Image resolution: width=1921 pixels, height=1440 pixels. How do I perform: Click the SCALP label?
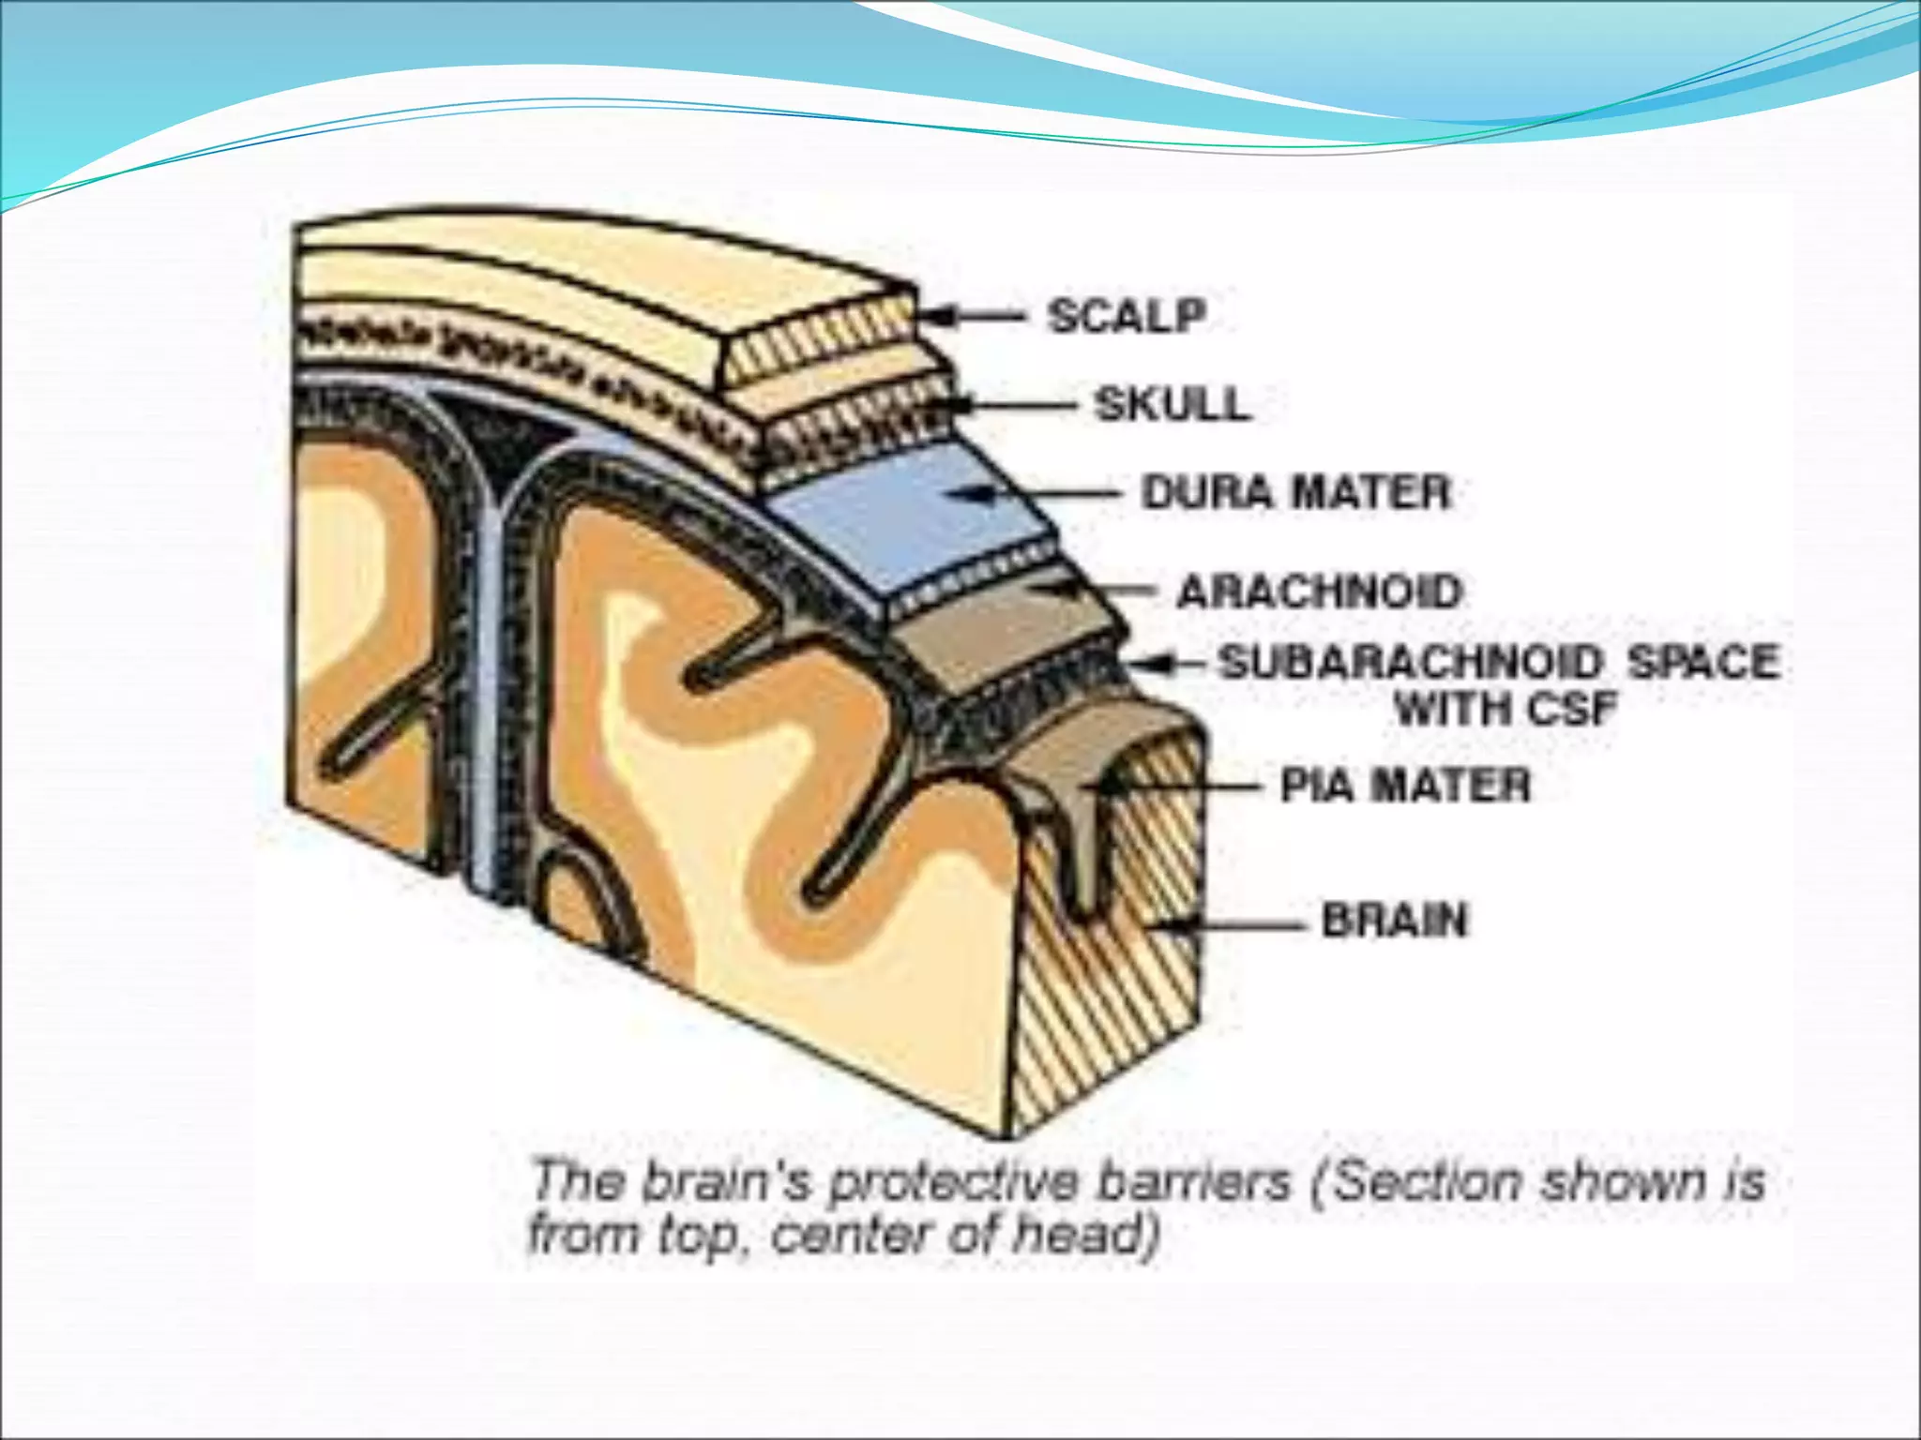[1127, 316]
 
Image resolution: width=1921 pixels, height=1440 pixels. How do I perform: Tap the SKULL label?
[1172, 405]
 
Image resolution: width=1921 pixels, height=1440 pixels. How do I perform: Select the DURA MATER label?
[1295, 493]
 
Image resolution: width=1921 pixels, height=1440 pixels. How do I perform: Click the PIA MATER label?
[1405, 786]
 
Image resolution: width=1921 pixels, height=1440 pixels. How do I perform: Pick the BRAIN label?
[1395, 921]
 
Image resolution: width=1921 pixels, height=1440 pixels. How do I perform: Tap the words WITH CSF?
[1506, 709]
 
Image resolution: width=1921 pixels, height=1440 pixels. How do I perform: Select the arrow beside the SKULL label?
[1013, 406]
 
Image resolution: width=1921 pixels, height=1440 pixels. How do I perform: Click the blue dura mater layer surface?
[900, 525]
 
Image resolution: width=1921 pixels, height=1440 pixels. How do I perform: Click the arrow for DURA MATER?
[1041, 494]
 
